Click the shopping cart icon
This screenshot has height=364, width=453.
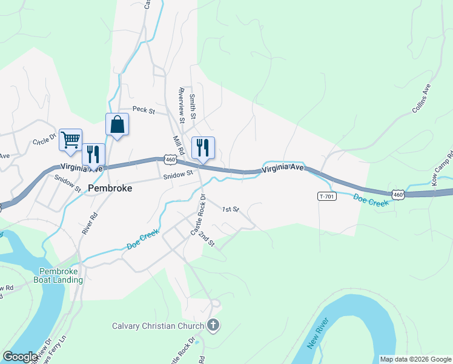pos(70,140)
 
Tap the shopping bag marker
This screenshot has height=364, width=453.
pos(117,125)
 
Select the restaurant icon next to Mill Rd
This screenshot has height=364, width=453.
pos(203,148)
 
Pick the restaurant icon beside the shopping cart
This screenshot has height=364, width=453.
pos(93,154)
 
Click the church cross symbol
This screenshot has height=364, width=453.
pos(213,326)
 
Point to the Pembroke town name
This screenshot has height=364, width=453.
pos(110,188)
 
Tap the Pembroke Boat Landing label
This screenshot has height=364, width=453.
pos(61,275)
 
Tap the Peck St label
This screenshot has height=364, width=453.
pos(144,111)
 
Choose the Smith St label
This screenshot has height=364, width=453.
pos(193,106)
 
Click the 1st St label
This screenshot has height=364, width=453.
pos(231,210)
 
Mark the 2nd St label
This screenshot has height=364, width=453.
pos(208,239)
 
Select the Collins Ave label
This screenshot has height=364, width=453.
pos(422,98)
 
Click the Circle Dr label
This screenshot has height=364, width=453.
pos(44,141)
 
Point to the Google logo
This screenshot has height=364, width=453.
pos(20,356)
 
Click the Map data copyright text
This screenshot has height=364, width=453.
pos(415,359)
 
